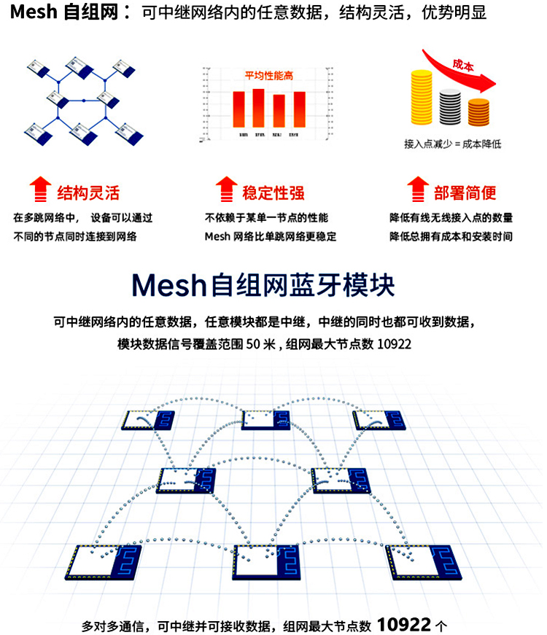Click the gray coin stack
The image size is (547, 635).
coord(450,106)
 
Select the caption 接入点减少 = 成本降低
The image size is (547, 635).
coord(451,144)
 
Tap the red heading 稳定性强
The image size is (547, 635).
coord(273,193)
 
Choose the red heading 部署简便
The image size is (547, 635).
coord(465,193)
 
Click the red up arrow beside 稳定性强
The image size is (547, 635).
coord(227,189)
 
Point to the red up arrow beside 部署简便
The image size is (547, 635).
coord(416,189)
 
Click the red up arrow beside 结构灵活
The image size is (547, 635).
coord(39,189)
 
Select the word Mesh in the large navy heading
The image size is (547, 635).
coord(167,285)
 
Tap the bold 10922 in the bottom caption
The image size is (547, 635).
coord(404,624)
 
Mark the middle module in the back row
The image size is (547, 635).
coord(265,420)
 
